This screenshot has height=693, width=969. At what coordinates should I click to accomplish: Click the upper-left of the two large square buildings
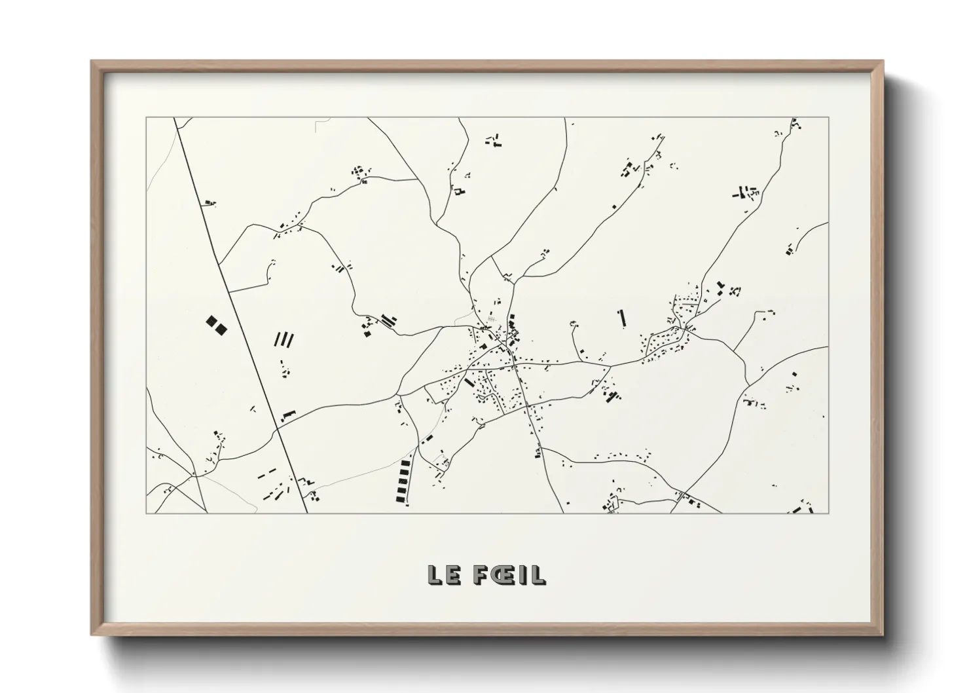pyautogui.click(x=211, y=322)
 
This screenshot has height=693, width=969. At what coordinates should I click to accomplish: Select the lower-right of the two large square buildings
pyautogui.click(x=222, y=329)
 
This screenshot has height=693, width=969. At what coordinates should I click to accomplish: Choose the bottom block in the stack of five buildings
pyautogui.click(x=401, y=499)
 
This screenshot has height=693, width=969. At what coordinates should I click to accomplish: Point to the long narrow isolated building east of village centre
pyautogui.click(x=621, y=318)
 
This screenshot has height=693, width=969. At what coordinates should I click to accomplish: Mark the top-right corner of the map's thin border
pyautogui.click(x=829, y=118)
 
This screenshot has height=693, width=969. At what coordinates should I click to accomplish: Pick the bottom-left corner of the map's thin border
pyautogui.click(x=146, y=513)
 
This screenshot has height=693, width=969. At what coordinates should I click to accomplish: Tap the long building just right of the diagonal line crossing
pyautogui.click(x=289, y=414)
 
